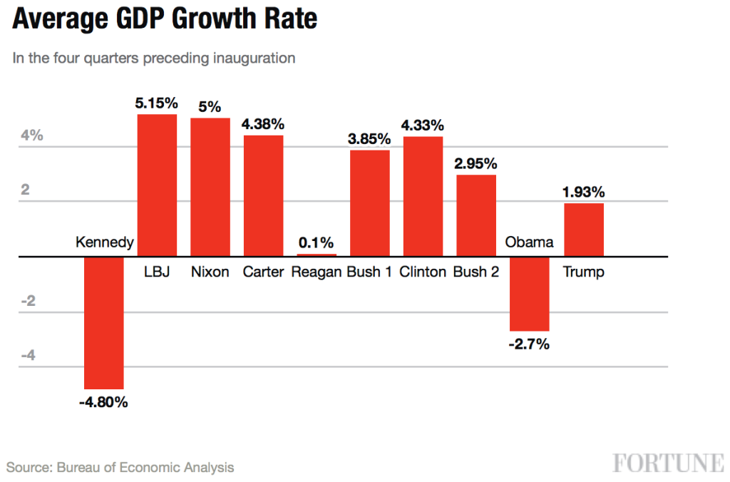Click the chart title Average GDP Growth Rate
pos(165,19)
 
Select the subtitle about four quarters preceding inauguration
pos(153,58)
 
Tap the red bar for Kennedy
pos(104,322)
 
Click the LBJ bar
pos(157,185)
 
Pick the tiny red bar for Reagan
pos(317,254)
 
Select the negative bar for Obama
pos(529,293)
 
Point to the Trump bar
pos(584,230)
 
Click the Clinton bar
pos(423,196)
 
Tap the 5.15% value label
pos(156,103)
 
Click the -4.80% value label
pos(103,402)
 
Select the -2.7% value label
pos(528,344)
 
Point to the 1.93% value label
pos(583,192)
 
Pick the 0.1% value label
pos(316,242)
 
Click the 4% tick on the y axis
pos(31,135)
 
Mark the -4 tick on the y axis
pos(28,356)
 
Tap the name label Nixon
pos(210,272)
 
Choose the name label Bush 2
pos(475,272)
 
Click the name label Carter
pos(263,272)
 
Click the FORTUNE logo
pos(668,463)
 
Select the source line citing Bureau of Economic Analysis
pos(120,468)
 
